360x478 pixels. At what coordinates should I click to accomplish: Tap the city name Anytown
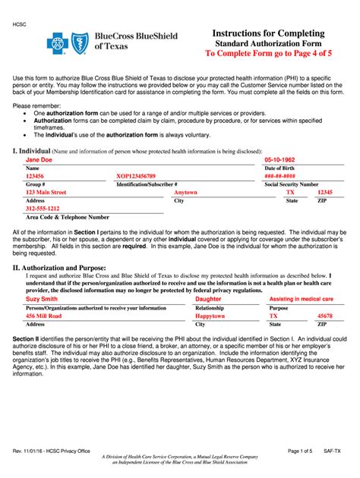(185, 193)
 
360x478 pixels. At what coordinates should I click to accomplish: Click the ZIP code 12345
(325, 193)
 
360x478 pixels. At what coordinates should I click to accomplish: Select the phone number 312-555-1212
(43, 209)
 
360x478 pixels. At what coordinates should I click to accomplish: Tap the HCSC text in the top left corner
(19, 25)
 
